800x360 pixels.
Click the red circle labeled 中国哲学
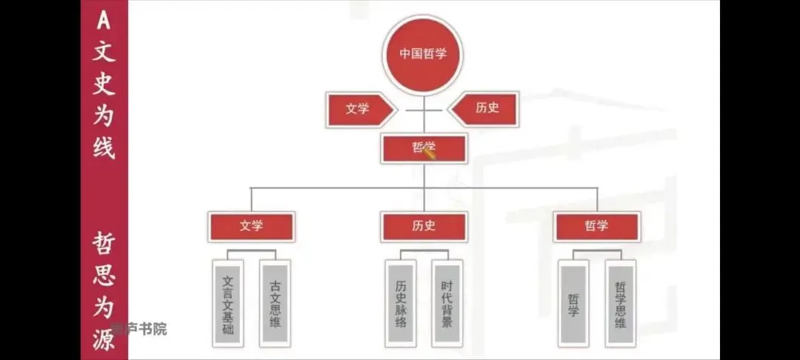click(x=423, y=54)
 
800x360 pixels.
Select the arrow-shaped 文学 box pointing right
click(x=359, y=109)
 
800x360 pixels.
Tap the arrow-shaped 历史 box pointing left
click(x=485, y=108)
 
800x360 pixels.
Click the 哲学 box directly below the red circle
click(x=424, y=148)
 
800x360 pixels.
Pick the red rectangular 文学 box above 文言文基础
click(x=251, y=227)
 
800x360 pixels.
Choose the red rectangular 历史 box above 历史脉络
click(x=424, y=227)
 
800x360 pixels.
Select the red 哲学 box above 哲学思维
click(x=596, y=227)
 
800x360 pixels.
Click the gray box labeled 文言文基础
click(x=227, y=304)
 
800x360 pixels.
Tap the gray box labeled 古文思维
click(x=275, y=304)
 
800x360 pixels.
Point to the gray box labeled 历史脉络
click(x=400, y=304)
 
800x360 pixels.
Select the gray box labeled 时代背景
click(x=447, y=304)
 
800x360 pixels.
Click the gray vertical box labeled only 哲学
click(x=573, y=304)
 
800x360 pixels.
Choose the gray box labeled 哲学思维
click(x=620, y=304)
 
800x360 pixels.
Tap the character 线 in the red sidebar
click(x=104, y=147)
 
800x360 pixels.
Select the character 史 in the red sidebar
click(x=104, y=84)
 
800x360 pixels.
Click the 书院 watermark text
click(x=150, y=329)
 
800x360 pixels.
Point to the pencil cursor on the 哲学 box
click(x=429, y=150)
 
